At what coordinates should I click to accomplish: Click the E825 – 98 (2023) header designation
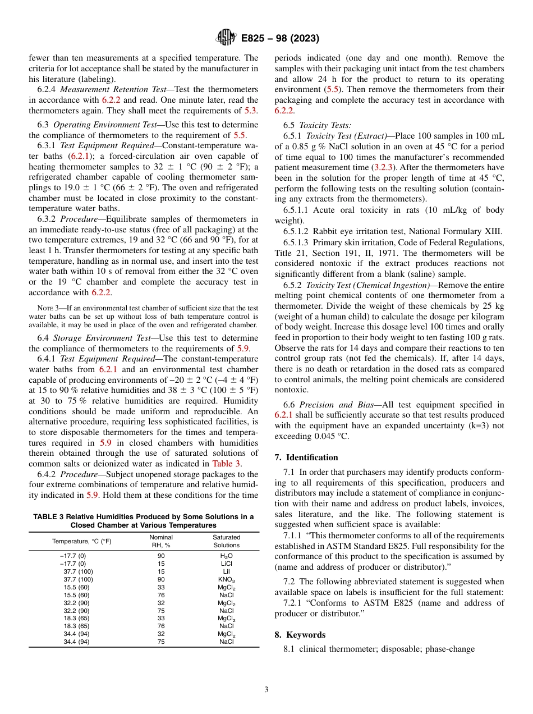pos(280,39)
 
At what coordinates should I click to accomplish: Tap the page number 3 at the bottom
pos(266,690)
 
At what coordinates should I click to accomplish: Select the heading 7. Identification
pos(306,457)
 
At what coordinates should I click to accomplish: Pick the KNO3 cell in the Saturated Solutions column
pos(226,579)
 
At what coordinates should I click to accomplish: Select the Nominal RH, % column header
pos(161,541)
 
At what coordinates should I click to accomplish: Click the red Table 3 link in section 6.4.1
pos(226,464)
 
